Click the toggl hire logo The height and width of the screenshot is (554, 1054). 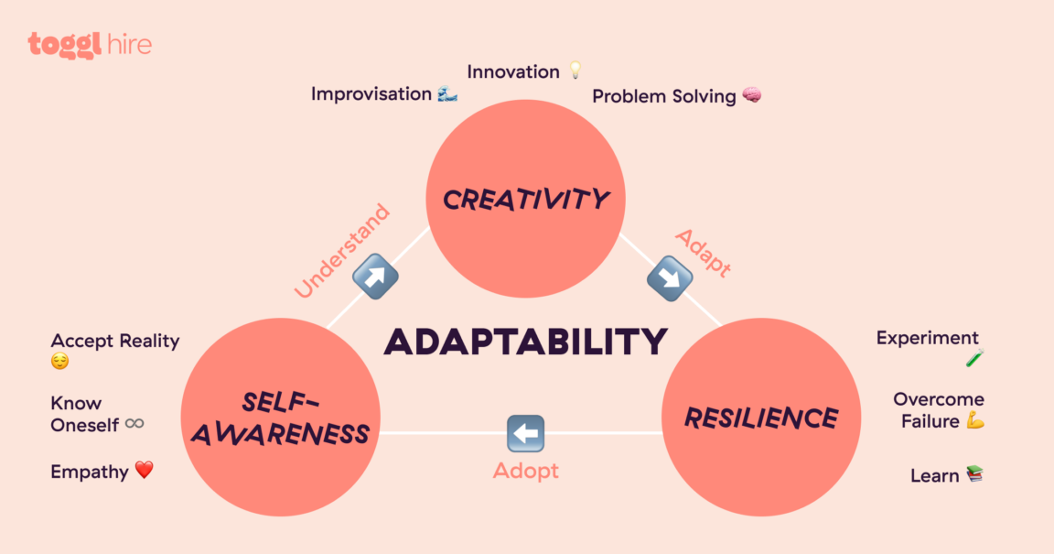pos(90,45)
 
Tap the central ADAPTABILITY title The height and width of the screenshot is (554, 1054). pos(525,342)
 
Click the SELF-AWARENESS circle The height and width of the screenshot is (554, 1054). pos(280,417)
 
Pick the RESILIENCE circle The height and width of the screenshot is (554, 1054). pos(760,418)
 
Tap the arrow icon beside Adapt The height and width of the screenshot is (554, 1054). pos(669,278)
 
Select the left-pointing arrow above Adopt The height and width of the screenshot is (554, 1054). pos(525,433)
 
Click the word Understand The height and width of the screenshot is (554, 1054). pos(342,250)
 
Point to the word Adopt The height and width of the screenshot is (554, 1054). pos(525,472)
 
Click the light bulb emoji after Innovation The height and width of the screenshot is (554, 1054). pos(575,71)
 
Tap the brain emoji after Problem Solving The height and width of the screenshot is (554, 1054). pos(751,95)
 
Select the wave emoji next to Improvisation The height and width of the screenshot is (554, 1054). pos(446,93)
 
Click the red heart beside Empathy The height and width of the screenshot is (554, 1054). pos(144,471)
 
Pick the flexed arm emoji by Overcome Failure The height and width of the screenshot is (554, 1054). pos(974,421)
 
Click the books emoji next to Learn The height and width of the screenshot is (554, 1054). pos(974,474)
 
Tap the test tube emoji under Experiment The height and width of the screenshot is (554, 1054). pos(974,359)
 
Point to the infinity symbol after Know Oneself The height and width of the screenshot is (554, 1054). pos(134,424)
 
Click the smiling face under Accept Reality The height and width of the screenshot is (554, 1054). pos(60,362)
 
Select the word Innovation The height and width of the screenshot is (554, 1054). pos(513,71)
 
